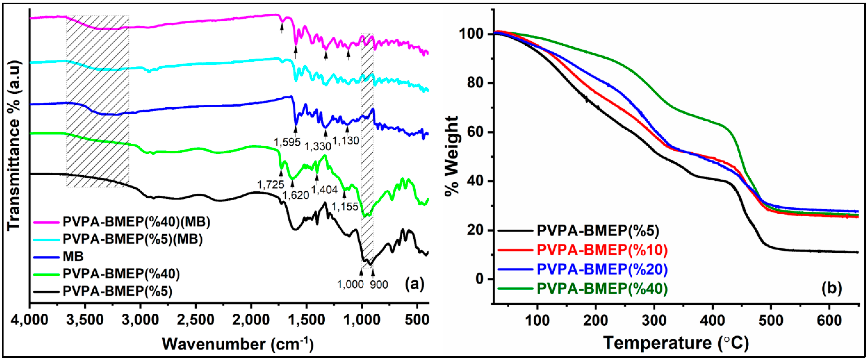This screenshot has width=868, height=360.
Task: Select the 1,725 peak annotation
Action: [x=271, y=184]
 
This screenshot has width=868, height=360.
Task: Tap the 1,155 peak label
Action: [x=345, y=207]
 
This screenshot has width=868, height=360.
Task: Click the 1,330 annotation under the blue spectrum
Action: [x=318, y=146]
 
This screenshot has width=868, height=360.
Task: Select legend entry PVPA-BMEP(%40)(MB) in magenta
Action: [x=136, y=222]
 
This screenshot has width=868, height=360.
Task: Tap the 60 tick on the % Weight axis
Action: [x=475, y=132]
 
